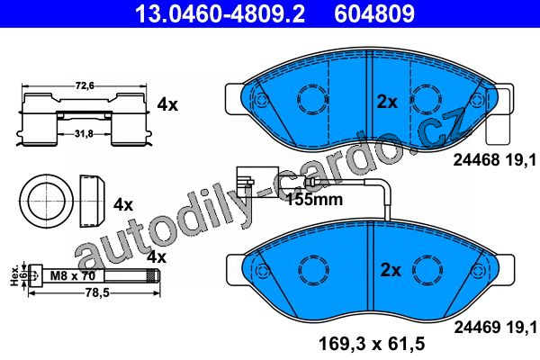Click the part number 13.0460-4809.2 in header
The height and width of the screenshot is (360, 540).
220,13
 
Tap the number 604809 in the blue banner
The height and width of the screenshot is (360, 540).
374,13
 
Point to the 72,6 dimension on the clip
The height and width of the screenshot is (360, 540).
85,85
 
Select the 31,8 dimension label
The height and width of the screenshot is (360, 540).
84,134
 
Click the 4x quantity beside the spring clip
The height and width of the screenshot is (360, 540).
167,104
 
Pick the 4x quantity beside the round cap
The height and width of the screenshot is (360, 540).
123,205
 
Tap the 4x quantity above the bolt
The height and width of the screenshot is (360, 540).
157,257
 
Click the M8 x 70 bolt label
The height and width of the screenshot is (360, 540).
72,275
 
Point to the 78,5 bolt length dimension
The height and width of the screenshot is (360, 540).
98,292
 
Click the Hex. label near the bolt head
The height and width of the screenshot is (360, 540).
14,275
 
